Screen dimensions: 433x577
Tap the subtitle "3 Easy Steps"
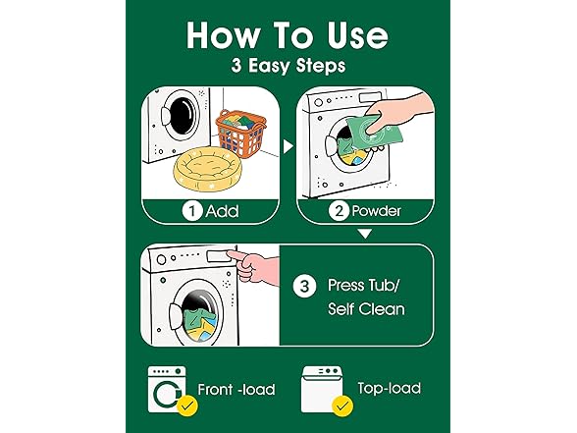[x=288, y=68]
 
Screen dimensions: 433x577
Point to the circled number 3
[x=305, y=288]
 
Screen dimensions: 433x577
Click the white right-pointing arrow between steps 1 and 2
[x=288, y=146]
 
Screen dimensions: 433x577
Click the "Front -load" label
[x=235, y=390]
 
